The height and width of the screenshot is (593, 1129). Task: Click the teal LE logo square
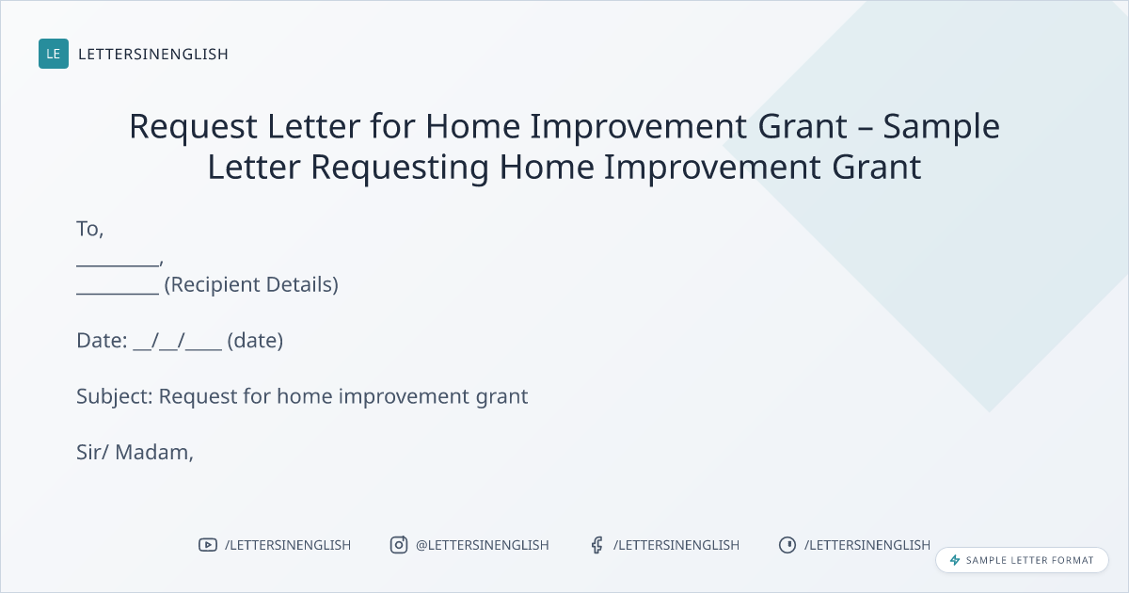pos(54,54)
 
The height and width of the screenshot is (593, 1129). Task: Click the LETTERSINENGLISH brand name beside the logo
pos(153,54)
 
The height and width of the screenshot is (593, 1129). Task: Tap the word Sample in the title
pos(941,127)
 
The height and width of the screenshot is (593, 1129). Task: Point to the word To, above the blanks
pos(89,229)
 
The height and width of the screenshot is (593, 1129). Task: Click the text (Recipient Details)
pos(251,285)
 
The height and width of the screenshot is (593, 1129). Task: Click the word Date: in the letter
pos(102,341)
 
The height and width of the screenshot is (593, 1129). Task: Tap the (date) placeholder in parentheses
pos(255,341)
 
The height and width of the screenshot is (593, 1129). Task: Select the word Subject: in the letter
pos(115,397)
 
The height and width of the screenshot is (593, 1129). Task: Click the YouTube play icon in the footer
pos(208,545)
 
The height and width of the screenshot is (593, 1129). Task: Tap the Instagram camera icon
pos(399,545)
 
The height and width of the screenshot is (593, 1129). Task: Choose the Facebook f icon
pos(596,545)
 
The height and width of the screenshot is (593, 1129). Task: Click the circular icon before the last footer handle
pos(787,545)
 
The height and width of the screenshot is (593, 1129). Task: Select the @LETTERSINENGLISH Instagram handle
pos(483,545)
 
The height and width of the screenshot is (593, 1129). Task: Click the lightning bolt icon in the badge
pos(955,560)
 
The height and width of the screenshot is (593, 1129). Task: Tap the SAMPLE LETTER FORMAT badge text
pos(1029,560)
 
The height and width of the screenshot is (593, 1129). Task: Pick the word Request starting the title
pos(194,127)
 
